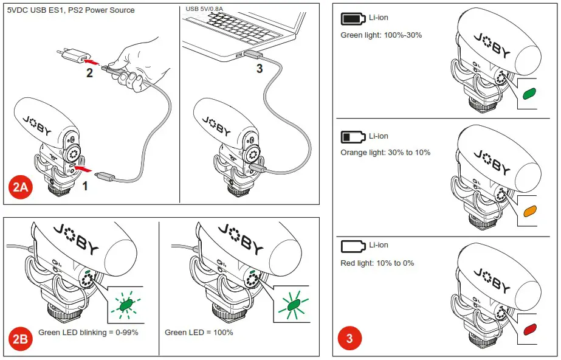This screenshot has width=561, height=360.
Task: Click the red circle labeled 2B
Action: pos(21,339)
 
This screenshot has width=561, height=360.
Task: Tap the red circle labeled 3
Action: pos(349,339)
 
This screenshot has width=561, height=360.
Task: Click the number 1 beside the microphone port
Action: pos(85,186)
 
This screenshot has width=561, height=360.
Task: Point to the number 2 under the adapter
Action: pos(89,74)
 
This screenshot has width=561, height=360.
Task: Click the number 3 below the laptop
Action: pos(260,69)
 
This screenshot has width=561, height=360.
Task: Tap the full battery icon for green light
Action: pos(352,19)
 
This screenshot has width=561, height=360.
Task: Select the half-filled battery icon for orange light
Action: pos(352,136)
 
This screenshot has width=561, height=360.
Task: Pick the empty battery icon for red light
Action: pos(352,246)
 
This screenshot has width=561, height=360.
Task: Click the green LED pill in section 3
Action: pos(529,94)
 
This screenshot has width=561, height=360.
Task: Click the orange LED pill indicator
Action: pos(529,212)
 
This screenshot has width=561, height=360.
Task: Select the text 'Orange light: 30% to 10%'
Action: pos(385,152)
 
